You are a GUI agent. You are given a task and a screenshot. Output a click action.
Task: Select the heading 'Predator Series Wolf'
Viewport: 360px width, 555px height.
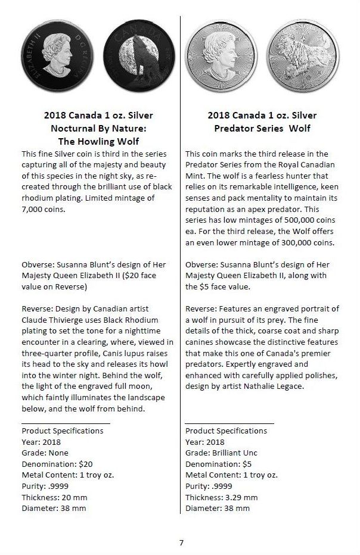(x=262, y=128)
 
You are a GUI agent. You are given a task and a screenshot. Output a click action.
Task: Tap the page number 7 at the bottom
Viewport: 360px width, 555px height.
(x=181, y=542)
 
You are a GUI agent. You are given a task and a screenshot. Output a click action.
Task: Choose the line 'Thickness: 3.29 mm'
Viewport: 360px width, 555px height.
(x=222, y=497)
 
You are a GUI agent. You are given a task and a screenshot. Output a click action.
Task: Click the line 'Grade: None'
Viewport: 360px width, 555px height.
(x=45, y=453)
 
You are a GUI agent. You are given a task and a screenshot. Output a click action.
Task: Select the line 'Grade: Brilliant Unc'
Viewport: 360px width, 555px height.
(x=221, y=453)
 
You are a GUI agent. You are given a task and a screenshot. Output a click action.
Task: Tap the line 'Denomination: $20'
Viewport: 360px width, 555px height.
(x=57, y=464)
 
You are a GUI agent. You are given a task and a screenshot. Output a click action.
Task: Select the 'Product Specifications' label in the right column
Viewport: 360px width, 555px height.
(x=226, y=431)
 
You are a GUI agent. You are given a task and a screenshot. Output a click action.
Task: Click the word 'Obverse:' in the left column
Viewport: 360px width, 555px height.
(x=39, y=264)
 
